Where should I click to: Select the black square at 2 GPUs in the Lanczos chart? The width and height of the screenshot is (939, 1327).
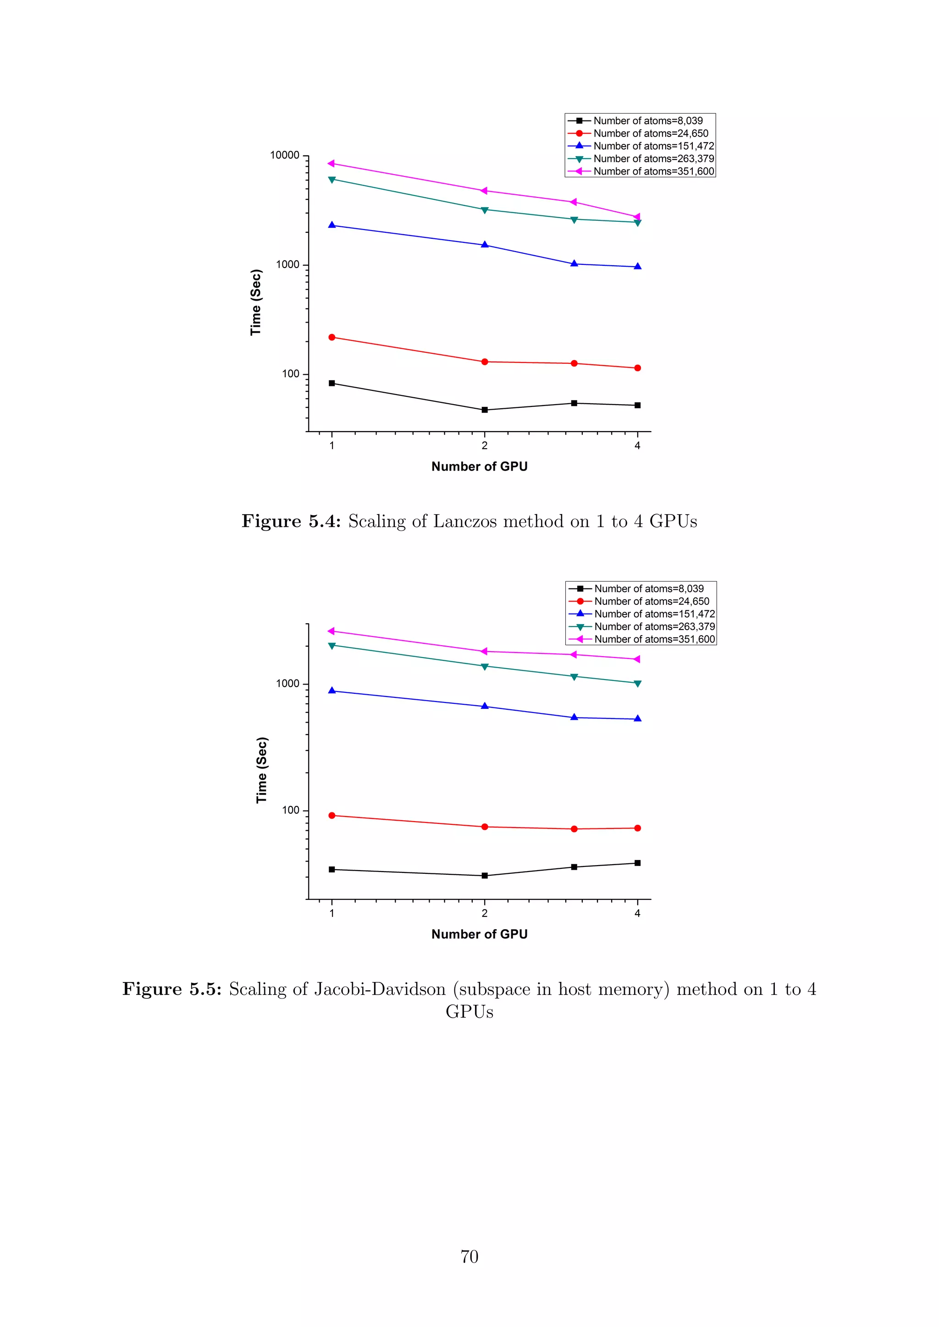(x=485, y=410)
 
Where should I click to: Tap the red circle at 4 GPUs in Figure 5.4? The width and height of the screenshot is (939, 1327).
(x=637, y=367)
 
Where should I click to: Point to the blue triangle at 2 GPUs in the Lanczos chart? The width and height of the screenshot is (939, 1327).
(x=485, y=245)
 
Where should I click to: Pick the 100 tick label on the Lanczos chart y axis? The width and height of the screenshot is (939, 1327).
(x=290, y=374)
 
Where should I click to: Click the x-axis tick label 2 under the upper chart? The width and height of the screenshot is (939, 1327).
(x=485, y=445)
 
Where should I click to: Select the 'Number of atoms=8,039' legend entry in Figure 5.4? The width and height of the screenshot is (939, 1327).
(x=647, y=121)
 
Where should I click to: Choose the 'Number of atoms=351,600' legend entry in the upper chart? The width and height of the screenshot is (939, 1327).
(x=653, y=171)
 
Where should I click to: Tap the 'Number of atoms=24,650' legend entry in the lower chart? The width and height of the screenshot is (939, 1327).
(x=651, y=601)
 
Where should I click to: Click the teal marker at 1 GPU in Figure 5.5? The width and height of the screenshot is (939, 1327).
(x=332, y=646)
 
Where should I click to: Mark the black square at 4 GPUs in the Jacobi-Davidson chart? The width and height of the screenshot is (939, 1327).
(x=637, y=863)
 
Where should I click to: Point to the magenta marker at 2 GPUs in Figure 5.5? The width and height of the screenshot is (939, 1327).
(x=484, y=652)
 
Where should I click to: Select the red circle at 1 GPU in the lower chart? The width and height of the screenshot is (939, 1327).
(x=332, y=816)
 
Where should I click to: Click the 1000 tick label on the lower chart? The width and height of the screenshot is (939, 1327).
(x=287, y=684)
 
